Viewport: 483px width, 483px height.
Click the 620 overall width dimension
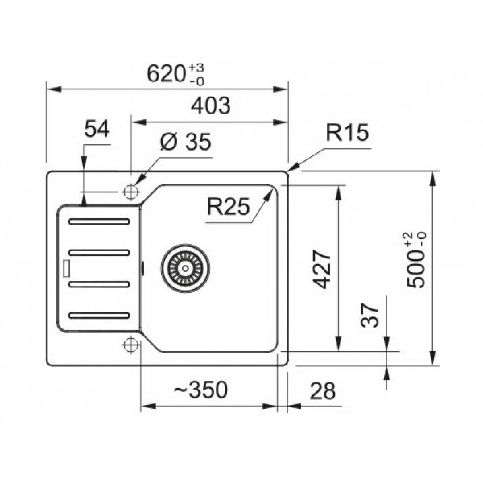(x=167, y=74)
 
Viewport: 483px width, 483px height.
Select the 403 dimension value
(x=211, y=105)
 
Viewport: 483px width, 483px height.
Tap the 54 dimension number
(x=97, y=129)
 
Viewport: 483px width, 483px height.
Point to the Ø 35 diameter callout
(x=186, y=142)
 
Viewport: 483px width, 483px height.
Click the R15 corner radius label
(x=347, y=133)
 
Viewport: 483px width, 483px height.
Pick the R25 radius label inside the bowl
(x=229, y=206)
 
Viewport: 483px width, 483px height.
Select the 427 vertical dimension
(x=321, y=269)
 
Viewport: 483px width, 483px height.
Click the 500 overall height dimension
(x=415, y=269)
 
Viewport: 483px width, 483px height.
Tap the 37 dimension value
(x=369, y=315)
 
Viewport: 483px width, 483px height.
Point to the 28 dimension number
(x=322, y=391)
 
